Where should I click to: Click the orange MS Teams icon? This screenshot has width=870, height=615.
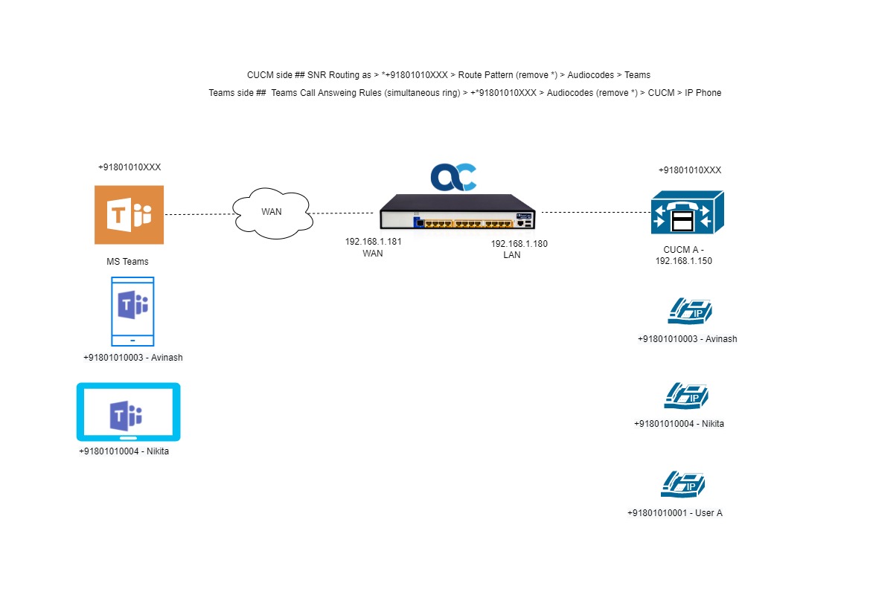click(129, 215)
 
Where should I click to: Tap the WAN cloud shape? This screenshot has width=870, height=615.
click(272, 213)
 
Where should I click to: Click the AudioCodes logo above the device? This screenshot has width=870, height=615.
click(453, 177)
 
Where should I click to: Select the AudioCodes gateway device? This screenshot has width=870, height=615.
click(458, 212)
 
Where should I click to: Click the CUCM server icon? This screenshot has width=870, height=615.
click(688, 212)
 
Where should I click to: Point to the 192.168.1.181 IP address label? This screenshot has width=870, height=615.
click(373, 242)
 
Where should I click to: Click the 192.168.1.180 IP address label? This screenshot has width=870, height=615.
click(519, 243)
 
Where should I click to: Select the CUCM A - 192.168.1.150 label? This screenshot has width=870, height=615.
click(683, 255)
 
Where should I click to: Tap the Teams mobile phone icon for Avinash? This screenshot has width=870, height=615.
click(132, 312)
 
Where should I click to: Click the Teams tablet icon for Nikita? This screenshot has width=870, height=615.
click(128, 412)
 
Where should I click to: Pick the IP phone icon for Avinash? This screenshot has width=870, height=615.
click(690, 311)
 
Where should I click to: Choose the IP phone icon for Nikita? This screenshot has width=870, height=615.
click(686, 396)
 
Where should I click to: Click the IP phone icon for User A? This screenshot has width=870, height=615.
click(683, 484)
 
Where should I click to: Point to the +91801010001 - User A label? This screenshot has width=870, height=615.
click(675, 513)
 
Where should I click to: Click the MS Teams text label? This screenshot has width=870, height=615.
click(127, 261)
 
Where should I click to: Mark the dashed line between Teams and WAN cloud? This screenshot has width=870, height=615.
click(199, 214)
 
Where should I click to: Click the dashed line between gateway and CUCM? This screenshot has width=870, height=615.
click(596, 212)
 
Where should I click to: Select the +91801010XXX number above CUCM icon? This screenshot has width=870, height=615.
click(690, 170)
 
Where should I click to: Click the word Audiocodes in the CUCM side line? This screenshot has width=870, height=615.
click(590, 75)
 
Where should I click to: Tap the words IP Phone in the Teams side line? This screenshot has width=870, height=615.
click(703, 93)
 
